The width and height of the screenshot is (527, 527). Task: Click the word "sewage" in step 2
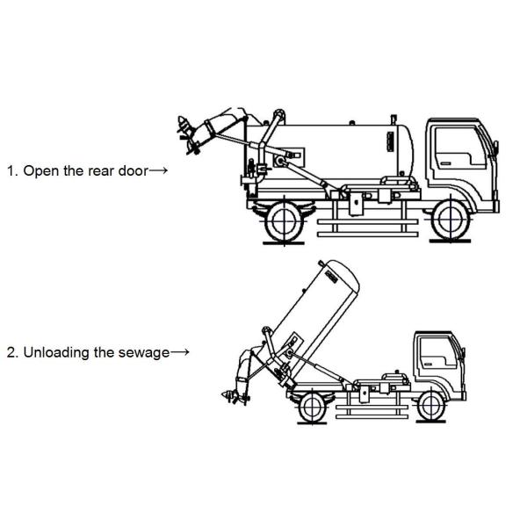click(x=147, y=352)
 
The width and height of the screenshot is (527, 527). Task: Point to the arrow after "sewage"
click(x=180, y=352)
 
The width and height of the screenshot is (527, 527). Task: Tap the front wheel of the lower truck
click(x=430, y=404)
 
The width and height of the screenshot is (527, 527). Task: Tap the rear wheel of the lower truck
click(x=311, y=406)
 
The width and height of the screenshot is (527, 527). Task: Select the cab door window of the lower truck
click(x=437, y=349)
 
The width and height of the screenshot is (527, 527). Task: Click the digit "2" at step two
click(x=11, y=352)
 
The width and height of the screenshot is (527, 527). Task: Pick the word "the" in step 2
click(x=105, y=352)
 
